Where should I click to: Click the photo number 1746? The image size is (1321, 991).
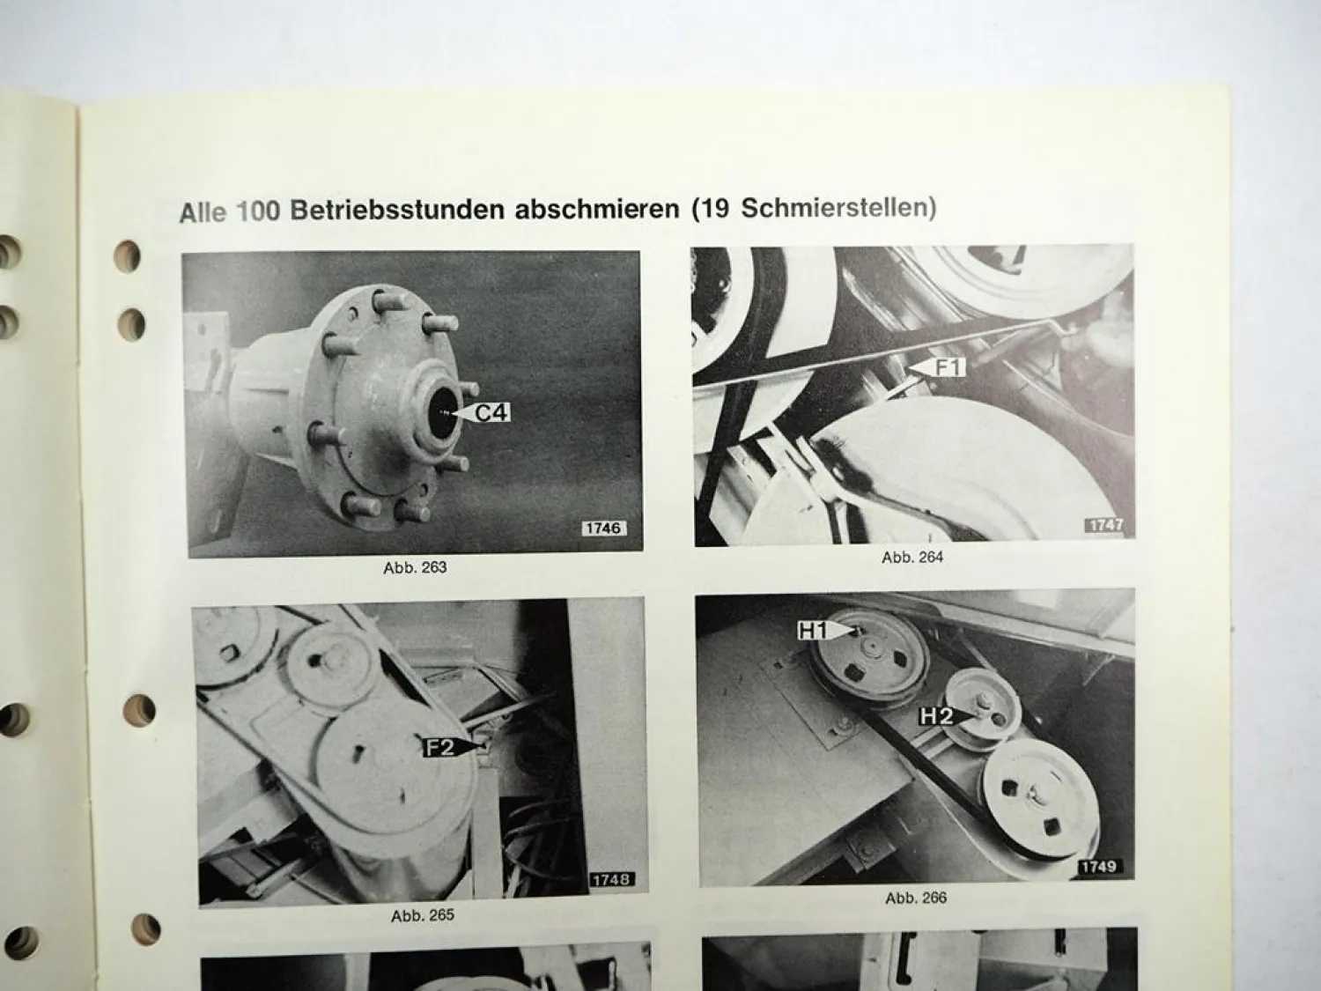point(603,528)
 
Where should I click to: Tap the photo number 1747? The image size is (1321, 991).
point(1106,525)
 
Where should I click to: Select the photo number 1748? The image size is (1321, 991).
point(611,880)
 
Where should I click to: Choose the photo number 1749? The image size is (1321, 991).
point(1099,867)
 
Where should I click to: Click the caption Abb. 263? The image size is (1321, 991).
point(416,567)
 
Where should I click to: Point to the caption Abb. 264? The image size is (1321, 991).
point(912,558)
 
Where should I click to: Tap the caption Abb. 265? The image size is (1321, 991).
point(423,916)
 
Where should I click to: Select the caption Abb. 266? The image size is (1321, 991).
point(916,899)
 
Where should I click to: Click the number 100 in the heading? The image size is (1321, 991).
point(258,211)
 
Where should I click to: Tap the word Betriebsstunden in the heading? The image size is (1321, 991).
point(397,210)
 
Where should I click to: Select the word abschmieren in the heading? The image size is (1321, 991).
point(597,209)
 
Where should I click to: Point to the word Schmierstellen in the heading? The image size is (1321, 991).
point(834,208)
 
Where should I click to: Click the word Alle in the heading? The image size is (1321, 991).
point(203,212)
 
